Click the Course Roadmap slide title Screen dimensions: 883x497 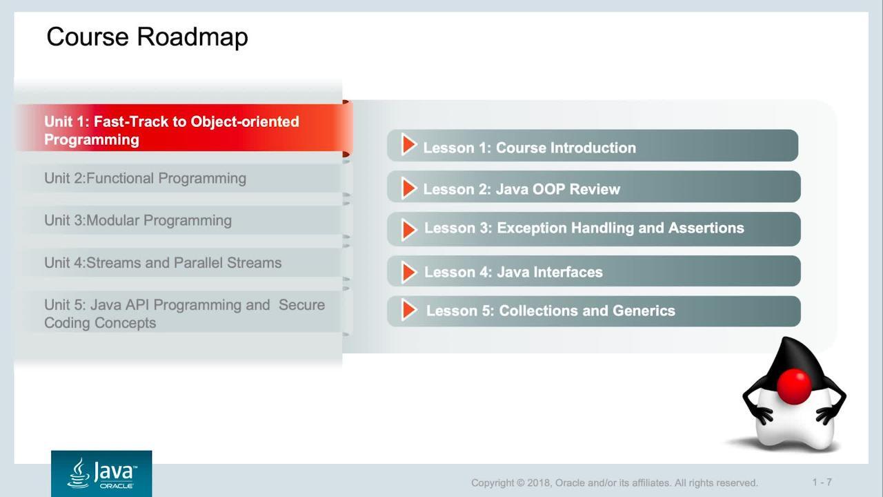pos(147,37)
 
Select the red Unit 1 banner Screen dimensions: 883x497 pos(183,128)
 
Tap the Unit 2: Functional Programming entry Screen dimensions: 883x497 pos(145,178)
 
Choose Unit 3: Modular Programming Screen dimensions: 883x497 pos(138,220)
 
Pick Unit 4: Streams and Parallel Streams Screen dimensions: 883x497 pos(163,263)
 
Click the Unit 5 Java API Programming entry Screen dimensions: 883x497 pos(184,314)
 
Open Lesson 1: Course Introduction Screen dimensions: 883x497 pos(593,146)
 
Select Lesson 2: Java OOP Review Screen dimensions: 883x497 pos(594,186)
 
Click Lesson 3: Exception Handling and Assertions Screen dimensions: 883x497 pos(594,229)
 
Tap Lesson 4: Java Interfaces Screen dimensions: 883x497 pos(594,271)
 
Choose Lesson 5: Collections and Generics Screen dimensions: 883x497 pos(594,311)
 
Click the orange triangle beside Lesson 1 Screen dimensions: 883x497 pos(408,144)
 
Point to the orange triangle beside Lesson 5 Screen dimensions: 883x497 pos(408,310)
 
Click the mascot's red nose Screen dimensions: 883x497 pos(794,387)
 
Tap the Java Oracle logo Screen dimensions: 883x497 pos(101,474)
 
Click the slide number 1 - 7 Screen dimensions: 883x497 pos(822,482)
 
